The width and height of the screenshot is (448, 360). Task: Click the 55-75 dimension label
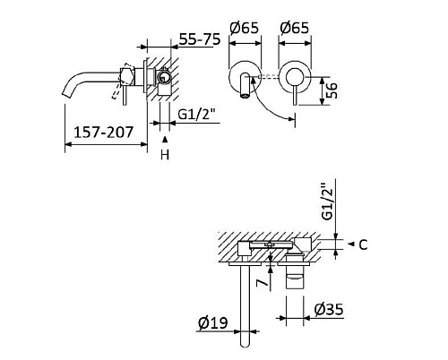click(200, 39)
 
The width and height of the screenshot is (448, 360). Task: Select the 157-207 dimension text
click(103, 133)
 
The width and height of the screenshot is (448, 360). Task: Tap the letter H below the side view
click(165, 155)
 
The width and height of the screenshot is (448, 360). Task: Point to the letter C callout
click(363, 244)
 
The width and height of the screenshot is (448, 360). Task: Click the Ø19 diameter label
click(213, 322)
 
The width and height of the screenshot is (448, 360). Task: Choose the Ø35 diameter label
click(329, 310)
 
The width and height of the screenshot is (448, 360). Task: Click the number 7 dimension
click(262, 282)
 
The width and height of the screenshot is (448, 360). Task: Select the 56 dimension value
click(332, 90)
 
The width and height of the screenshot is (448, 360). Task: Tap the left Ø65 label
click(244, 28)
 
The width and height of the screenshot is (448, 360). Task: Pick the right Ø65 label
click(294, 28)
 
